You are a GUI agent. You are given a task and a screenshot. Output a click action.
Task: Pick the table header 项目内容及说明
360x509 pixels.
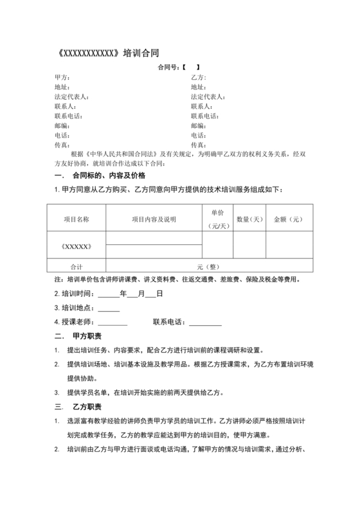point(154,220)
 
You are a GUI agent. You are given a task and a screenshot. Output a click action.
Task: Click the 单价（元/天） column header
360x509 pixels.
point(217,220)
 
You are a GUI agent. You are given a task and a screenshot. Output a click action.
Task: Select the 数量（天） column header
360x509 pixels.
point(249,220)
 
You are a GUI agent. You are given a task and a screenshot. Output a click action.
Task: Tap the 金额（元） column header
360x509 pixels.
point(288,220)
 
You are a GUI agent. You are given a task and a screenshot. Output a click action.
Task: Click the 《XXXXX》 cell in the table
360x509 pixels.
point(76,247)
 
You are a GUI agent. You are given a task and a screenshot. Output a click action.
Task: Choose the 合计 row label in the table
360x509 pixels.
point(76,265)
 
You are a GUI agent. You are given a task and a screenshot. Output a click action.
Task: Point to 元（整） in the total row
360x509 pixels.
point(209,265)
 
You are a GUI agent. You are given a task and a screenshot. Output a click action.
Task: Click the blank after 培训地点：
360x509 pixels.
point(108,307)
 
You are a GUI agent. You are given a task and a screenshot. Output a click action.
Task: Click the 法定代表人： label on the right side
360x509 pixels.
point(207,96)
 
